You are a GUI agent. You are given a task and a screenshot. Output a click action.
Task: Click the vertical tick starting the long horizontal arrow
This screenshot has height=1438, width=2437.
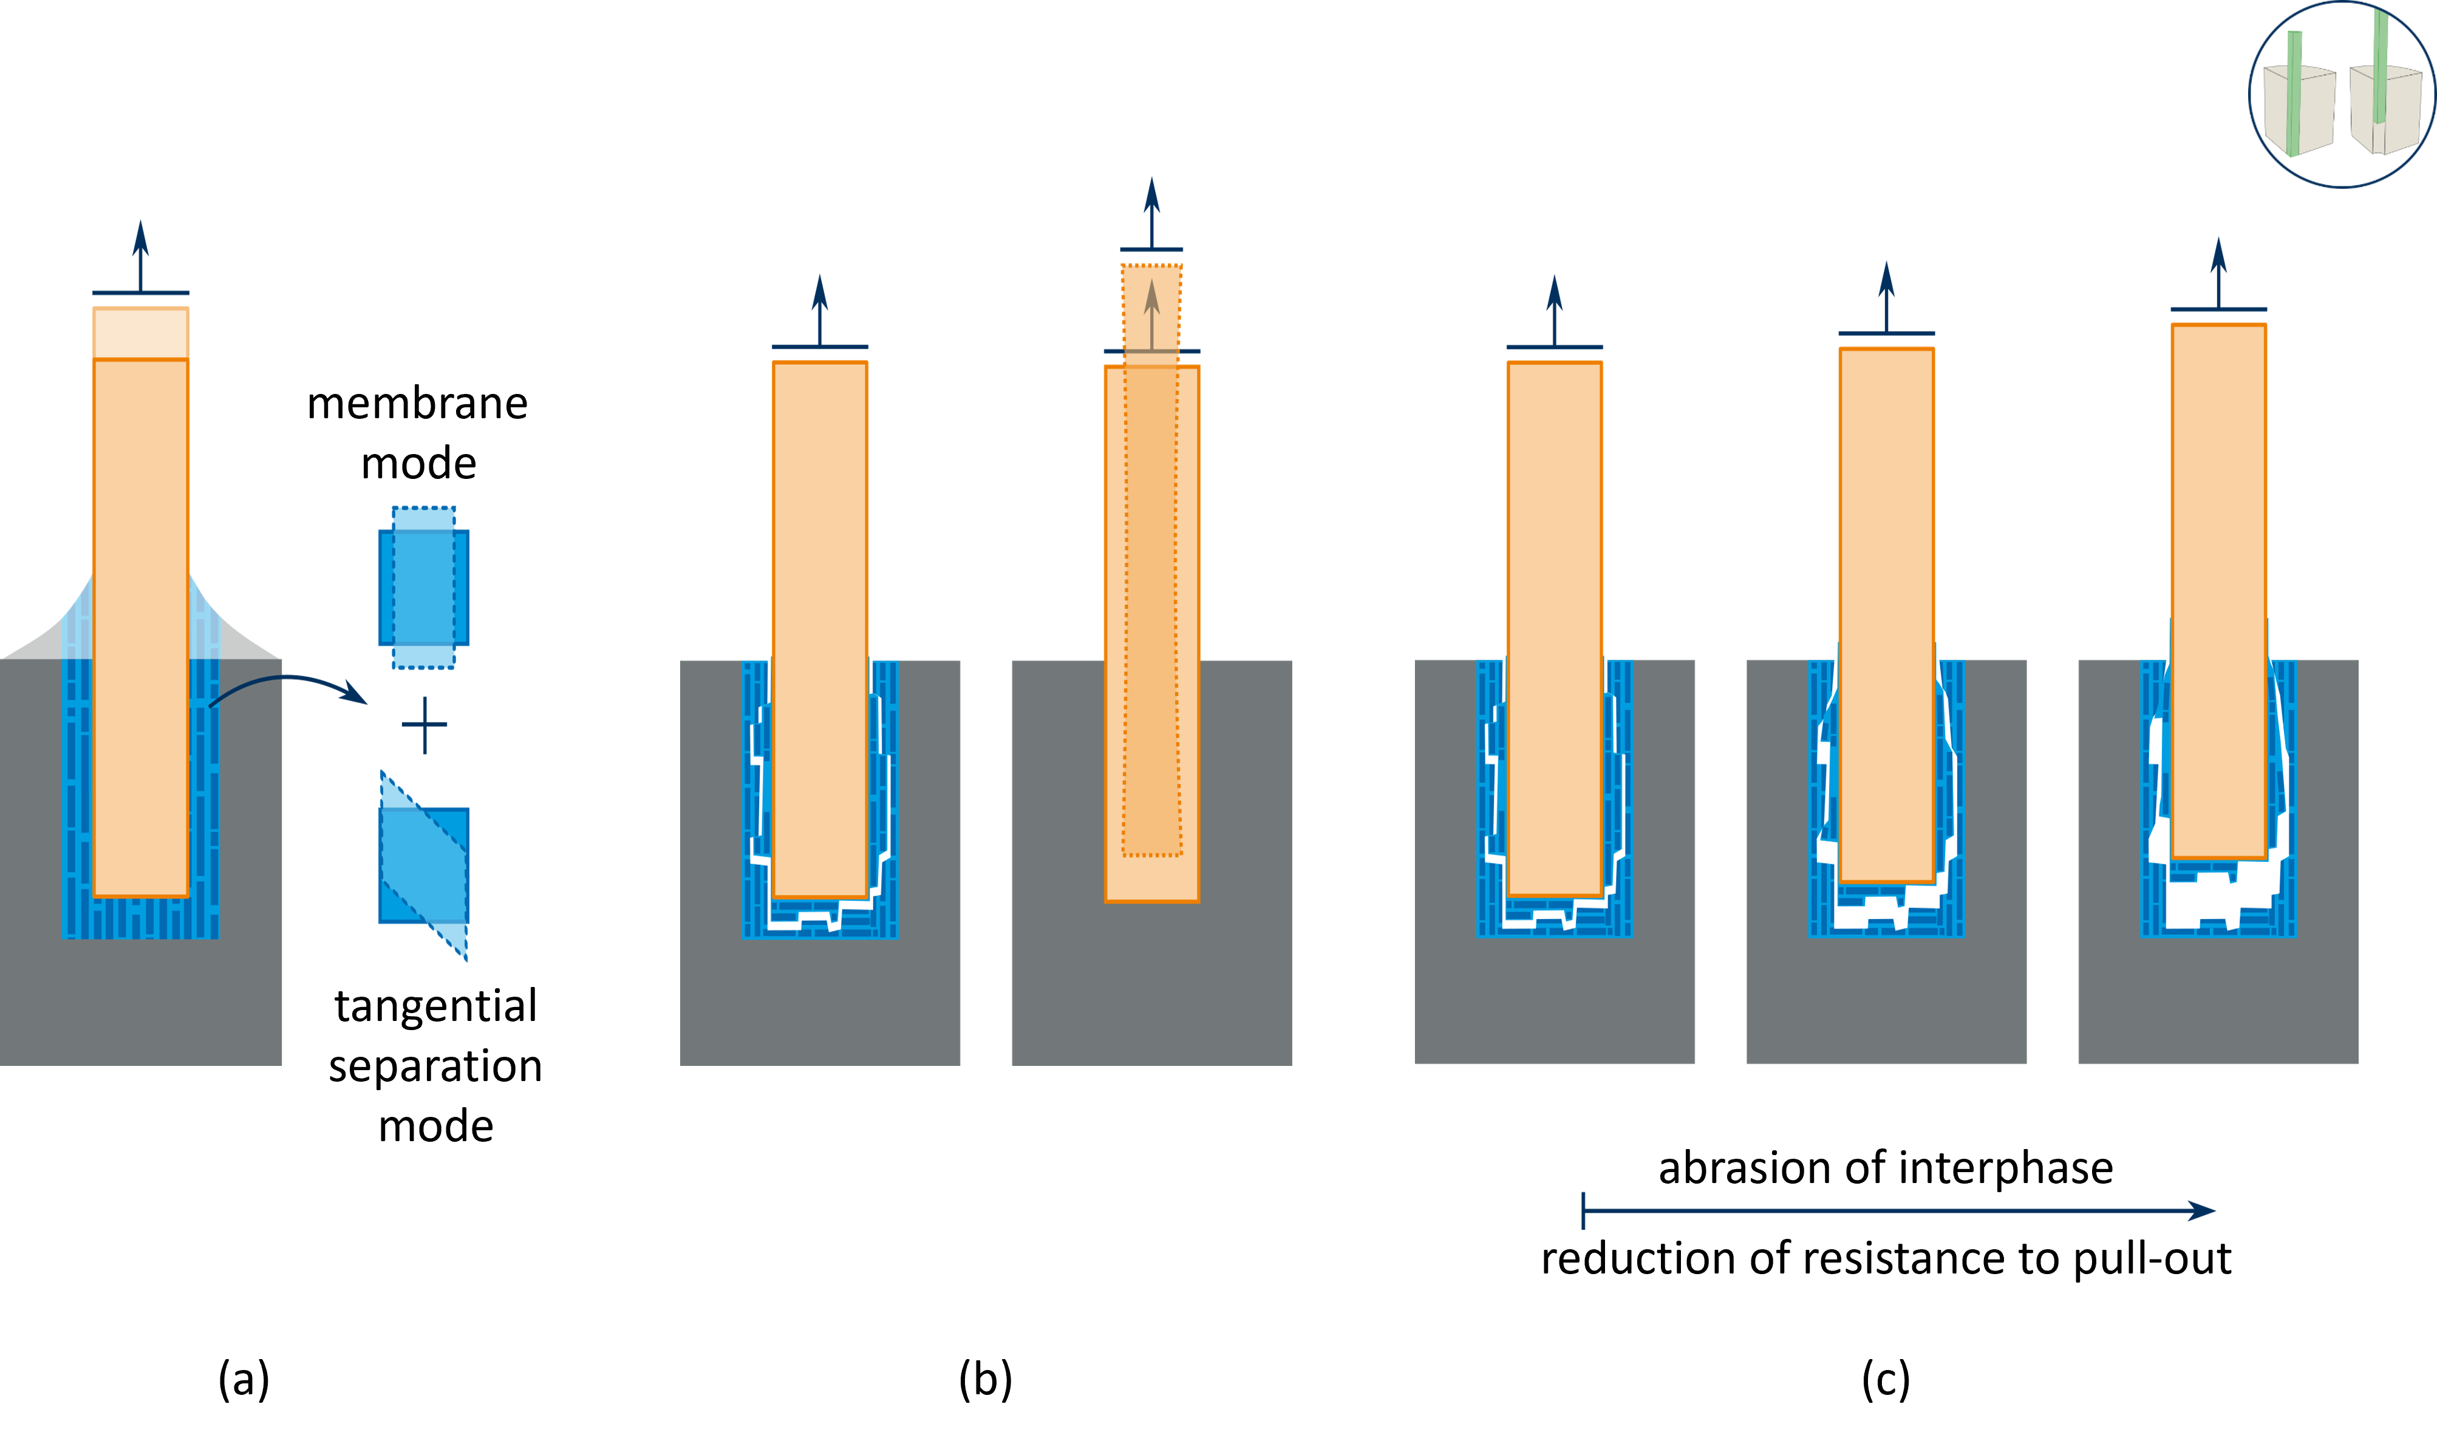coord(1583,1211)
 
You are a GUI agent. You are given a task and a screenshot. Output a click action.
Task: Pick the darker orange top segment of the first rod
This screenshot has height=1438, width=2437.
coord(140,333)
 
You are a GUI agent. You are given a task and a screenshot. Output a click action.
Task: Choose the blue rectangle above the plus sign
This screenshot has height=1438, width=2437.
coord(424,587)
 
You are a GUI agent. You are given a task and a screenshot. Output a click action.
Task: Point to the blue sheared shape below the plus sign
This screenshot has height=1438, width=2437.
coord(424,866)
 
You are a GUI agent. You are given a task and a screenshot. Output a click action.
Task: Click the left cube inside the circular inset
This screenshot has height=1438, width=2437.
coord(2297,109)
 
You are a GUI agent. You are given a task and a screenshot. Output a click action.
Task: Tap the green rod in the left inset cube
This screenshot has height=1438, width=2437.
coord(2294,92)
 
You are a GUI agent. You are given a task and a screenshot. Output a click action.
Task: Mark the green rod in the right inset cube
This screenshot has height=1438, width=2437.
coord(2380,63)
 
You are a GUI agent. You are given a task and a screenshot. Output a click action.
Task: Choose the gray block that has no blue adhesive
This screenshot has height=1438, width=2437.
coord(1151,978)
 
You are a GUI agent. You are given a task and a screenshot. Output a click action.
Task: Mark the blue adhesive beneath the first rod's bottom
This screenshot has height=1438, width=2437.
coord(140,918)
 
